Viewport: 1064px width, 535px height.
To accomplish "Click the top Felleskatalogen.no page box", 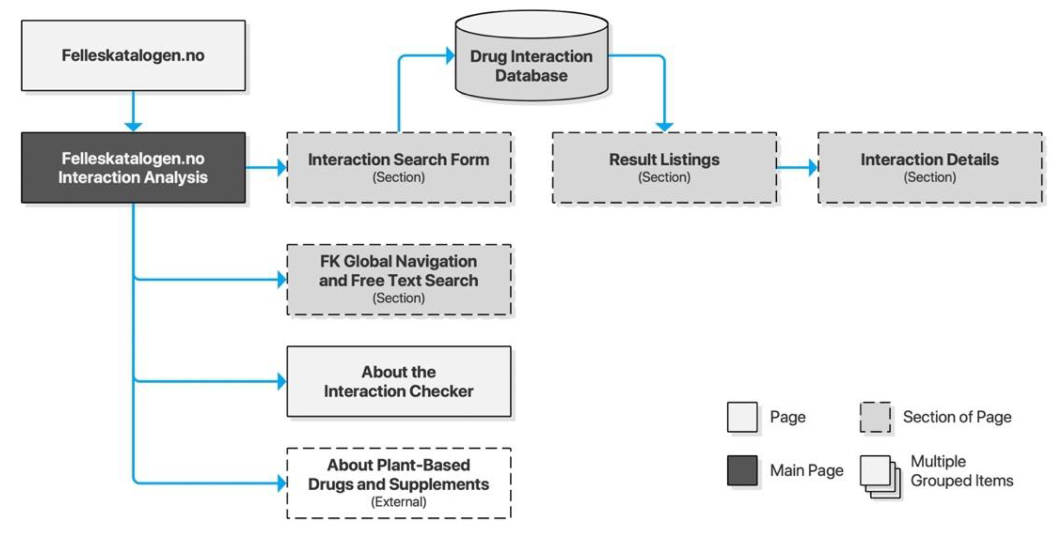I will [x=133, y=55].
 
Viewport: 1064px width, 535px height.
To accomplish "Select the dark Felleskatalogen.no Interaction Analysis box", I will [x=133, y=167].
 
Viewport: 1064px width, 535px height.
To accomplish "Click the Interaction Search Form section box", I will [x=398, y=167].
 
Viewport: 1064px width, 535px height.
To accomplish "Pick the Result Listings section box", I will [x=664, y=167].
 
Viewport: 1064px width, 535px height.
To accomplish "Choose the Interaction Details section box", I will [x=929, y=167].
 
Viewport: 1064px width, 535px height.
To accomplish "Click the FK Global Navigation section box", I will [x=398, y=280].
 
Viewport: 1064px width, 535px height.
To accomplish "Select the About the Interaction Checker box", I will [x=398, y=381].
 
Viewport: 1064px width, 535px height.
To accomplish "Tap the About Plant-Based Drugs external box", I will [x=398, y=483].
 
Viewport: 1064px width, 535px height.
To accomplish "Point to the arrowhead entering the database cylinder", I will [x=450, y=56].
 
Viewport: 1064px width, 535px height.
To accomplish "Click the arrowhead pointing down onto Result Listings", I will [x=664, y=127].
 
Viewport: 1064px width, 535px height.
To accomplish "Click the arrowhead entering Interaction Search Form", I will [x=282, y=167].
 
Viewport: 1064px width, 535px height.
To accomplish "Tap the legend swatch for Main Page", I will [x=742, y=470].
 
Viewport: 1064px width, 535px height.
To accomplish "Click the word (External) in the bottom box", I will [x=398, y=502].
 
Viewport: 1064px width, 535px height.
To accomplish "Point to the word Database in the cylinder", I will [x=531, y=76].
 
